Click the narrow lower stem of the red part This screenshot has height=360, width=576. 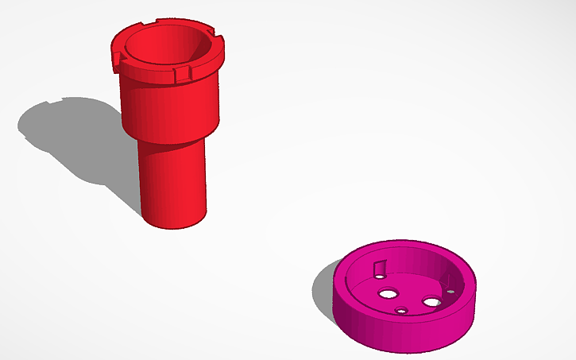(173, 183)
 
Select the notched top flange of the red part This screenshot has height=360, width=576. (143, 72)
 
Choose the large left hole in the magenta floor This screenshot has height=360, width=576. (389, 293)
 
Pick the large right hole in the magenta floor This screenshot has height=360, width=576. (431, 302)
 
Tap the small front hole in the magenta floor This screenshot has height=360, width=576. (401, 310)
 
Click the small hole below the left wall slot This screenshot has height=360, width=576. (379, 277)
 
